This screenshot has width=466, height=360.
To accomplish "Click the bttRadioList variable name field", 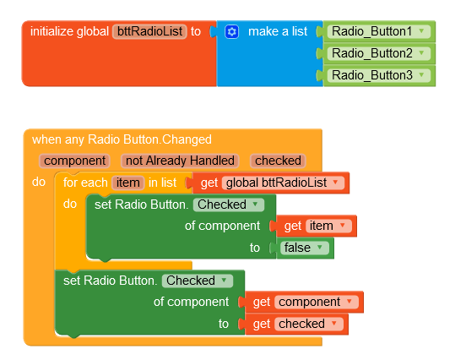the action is tap(149, 31).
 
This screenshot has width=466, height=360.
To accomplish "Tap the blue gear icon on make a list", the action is tap(232, 31).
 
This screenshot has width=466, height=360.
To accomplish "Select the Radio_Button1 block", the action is tap(379, 31).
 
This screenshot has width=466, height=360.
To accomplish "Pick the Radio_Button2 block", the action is tap(379, 53).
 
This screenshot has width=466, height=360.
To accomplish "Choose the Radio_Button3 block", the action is tap(379, 75).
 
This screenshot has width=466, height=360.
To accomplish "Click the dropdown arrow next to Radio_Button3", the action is tap(421, 75).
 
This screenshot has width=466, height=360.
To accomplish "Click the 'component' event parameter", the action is tap(74, 161).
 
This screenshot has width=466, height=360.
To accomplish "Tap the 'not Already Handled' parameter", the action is tap(180, 161).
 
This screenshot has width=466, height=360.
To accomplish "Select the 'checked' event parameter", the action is tap(278, 161).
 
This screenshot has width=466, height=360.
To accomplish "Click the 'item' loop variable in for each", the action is tap(127, 183).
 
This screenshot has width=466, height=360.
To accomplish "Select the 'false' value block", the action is tap(306, 248).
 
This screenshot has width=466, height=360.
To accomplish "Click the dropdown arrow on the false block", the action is tap(320, 248).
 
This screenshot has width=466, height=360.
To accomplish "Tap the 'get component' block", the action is tap(304, 302).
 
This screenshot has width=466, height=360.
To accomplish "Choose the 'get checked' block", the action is tap(296, 324).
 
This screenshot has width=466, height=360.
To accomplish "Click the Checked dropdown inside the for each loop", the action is tap(229, 205).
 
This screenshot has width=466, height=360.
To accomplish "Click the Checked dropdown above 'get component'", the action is tap(198, 281).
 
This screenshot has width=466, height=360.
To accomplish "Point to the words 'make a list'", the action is tap(278, 31).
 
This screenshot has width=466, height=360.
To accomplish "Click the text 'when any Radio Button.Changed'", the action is tap(122, 139).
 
